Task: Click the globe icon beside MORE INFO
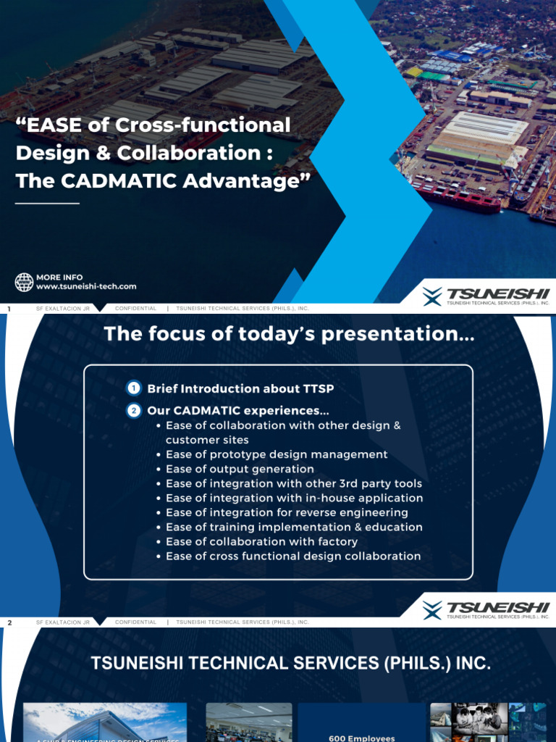click(25, 282)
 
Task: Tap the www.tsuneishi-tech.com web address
click(86, 287)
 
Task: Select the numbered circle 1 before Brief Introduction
click(134, 388)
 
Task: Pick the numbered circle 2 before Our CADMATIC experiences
click(134, 411)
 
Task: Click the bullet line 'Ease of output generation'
click(229, 469)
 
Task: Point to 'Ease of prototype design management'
click(277, 454)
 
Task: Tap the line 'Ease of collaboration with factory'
click(261, 541)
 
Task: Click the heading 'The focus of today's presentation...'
click(290, 334)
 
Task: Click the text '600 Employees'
click(361, 738)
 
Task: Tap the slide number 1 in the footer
click(9, 309)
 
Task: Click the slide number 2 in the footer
click(9, 622)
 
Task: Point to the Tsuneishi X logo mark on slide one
click(432, 296)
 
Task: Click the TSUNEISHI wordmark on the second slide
click(498, 607)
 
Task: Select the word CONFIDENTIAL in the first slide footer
click(135, 309)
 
